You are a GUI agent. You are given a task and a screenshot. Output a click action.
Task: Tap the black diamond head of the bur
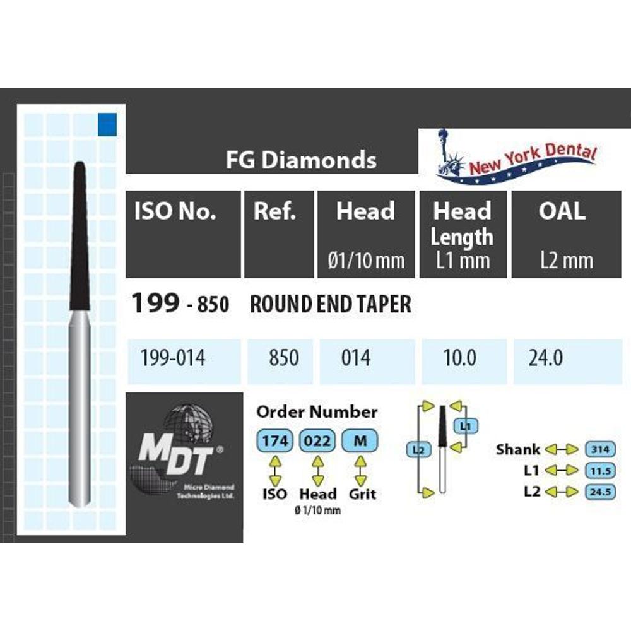[x=80, y=240]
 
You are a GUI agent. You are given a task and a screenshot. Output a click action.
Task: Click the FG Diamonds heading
[x=301, y=160]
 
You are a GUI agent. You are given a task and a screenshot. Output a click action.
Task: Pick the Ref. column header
[x=274, y=212]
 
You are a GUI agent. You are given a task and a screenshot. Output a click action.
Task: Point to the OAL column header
[x=562, y=212]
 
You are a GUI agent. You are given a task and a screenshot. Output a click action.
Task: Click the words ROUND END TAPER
[x=330, y=305]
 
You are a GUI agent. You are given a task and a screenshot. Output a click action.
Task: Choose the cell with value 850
[x=284, y=359]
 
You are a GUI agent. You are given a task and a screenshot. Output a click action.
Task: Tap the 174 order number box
[x=274, y=441]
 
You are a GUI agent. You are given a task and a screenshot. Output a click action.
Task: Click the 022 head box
[x=317, y=441]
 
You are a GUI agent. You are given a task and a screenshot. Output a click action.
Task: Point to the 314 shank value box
[x=600, y=449]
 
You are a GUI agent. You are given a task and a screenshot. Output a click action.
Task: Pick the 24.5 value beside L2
[x=600, y=492]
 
